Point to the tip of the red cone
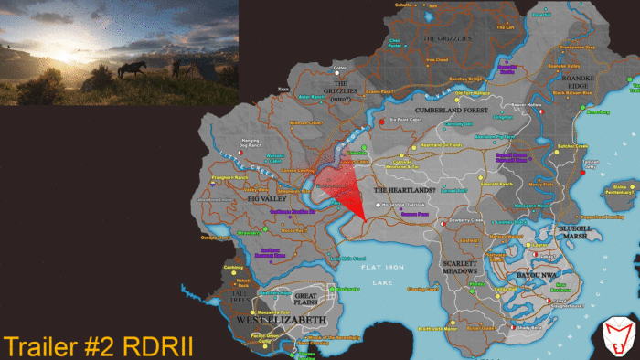(x=364, y=220)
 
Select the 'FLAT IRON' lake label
(x=382, y=266)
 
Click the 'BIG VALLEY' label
(x=268, y=197)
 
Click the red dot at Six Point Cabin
(x=381, y=122)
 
